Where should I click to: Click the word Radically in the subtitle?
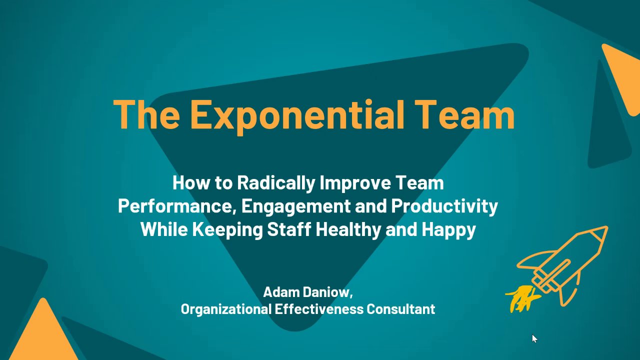275,183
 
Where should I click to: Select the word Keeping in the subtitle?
227,229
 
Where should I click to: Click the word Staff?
289,229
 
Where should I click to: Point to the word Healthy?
348,229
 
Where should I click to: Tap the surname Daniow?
327,292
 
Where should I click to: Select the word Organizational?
226,309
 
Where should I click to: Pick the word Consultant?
401,309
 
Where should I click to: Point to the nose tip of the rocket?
607,227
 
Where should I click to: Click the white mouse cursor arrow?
534,338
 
